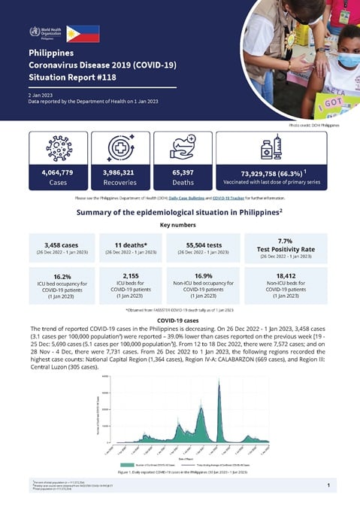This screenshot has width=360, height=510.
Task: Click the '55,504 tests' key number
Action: (x=204, y=244)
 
